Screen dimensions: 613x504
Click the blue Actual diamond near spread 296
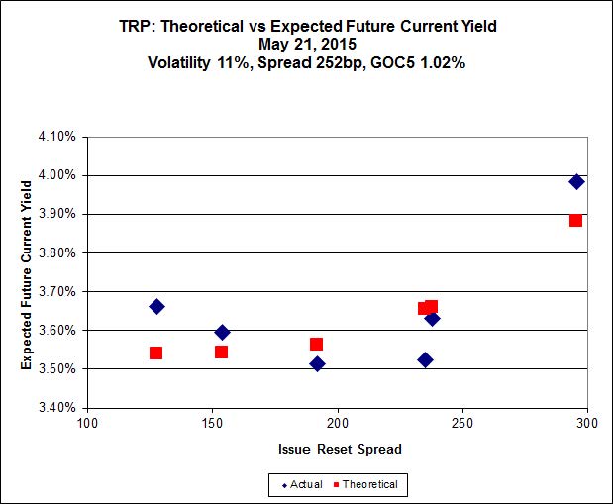(x=576, y=181)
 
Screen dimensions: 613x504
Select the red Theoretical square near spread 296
(x=575, y=221)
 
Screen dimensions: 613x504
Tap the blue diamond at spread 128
(x=156, y=307)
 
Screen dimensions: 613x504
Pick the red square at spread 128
(x=156, y=353)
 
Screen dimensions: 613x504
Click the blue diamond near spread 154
(x=223, y=333)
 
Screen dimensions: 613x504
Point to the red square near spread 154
(x=221, y=352)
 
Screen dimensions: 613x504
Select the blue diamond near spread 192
(x=317, y=364)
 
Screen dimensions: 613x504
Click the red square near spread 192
(x=316, y=344)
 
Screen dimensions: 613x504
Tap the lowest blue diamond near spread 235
(x=426, y=360)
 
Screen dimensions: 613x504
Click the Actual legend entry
(x=302, y=485)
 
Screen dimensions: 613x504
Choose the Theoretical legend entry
(x=365, y=485)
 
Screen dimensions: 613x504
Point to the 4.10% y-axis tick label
(x=57, y=137)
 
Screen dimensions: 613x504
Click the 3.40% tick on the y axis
(x=57, y=407)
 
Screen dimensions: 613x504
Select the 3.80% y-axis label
(x=57, y=252)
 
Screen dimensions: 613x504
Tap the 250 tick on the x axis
(x=462, y=423)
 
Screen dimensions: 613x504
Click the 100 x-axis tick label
(x=87, y=423)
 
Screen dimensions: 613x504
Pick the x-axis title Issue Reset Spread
(x=340, y=449)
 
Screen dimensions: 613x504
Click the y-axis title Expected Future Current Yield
(x=26, y=275)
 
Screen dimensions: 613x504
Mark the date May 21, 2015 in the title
(x=307, y=44)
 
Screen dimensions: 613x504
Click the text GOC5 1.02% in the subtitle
(x=418, y=62)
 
